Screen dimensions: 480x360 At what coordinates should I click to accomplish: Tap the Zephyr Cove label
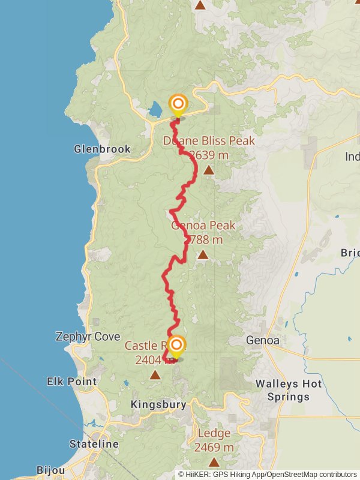88,337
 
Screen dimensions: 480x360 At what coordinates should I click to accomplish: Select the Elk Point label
71,381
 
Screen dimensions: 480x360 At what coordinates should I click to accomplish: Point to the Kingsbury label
158,404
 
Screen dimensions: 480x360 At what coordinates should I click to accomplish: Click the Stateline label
94,444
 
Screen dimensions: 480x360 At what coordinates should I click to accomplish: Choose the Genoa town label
263,340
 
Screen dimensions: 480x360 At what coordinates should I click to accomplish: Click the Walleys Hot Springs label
289,390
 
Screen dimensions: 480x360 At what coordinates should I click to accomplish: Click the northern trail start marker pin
178,106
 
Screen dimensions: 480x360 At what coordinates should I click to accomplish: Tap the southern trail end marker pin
176,346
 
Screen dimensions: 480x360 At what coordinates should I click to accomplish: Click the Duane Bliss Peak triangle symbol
208,170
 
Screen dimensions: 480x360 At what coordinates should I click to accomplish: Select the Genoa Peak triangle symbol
203,255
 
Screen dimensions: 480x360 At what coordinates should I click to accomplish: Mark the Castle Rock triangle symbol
155,376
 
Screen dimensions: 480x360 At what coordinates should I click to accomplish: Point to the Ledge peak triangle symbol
214,462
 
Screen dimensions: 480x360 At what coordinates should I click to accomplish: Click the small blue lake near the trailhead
155,109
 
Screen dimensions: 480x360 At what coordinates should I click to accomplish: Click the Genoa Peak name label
203,226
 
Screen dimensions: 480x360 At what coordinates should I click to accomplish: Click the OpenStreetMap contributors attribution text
311,474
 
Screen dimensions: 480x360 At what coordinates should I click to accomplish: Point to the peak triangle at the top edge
200,5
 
